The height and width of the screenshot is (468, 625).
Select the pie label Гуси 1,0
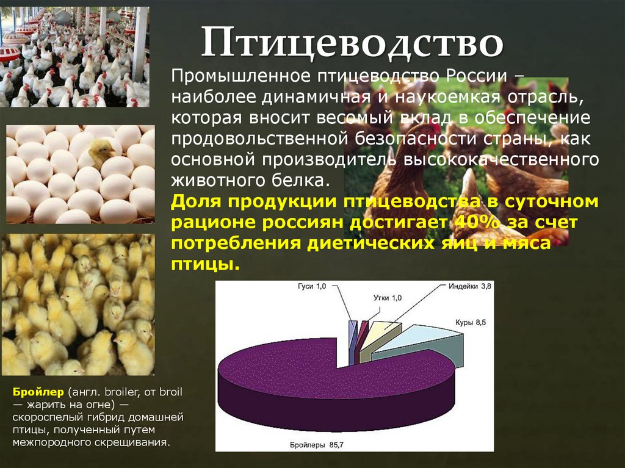coord(312,286)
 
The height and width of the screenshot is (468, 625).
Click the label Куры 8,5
coord(470,322)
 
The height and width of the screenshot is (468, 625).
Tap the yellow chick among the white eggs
coord(101,150)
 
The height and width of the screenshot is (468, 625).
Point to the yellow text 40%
coord(470,222)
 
